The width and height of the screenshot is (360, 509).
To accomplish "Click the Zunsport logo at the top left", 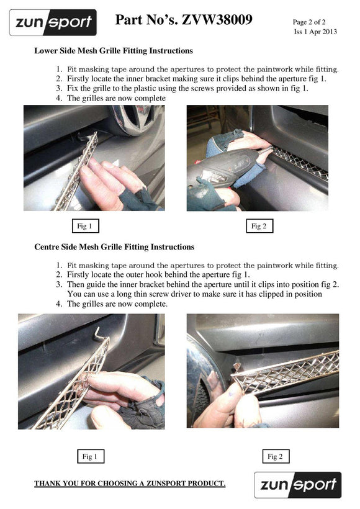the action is point(53,22).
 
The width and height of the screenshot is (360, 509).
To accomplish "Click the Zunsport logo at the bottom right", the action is point(298,485).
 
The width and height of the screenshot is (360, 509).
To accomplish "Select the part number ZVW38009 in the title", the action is point(217,20).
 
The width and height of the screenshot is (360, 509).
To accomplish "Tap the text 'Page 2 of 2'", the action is point(308,22).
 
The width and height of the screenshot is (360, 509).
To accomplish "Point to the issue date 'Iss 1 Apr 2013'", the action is point(315,32).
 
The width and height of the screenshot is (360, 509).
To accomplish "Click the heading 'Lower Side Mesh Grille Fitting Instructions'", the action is point(114,51).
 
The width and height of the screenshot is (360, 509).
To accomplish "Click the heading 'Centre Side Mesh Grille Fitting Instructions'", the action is point(114,247).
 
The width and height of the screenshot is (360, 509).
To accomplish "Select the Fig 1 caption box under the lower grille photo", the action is point(86,226).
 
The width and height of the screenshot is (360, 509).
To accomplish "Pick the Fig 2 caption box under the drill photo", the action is point(259,226).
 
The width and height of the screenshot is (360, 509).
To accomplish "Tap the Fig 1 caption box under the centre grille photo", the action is point(91,456).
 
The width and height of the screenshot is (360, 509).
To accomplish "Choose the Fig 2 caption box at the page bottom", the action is point(276,456).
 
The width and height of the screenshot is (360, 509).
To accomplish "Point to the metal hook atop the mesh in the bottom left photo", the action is point(99,334).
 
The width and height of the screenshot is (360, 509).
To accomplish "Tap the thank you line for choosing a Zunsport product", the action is point(130,484).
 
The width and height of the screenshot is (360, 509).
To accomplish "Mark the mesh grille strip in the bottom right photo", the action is point(286,371).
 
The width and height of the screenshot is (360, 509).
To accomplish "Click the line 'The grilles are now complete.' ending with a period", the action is point(117,304).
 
